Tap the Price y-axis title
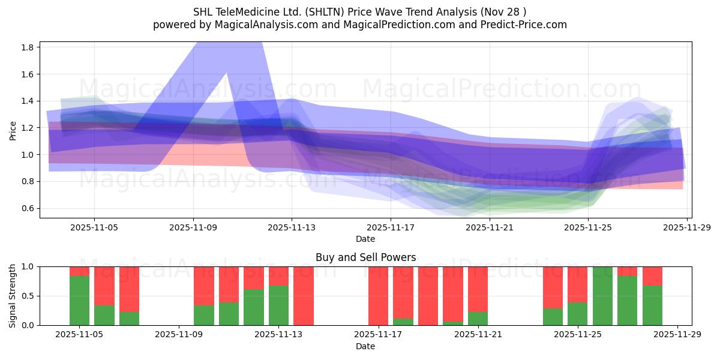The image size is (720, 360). tap(13, 130)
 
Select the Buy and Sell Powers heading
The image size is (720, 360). tap(365, 257)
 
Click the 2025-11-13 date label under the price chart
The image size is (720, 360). tap(292, 228)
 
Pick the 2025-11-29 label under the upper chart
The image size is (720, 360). tap(687, 228)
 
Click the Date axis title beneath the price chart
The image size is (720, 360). tap(365, 239)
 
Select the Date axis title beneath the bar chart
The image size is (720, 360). tap(365, 346)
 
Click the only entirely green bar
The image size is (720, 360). tap(602, 296)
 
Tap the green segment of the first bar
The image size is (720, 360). tap(79, 301)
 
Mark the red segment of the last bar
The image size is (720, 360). tap(652, 276)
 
